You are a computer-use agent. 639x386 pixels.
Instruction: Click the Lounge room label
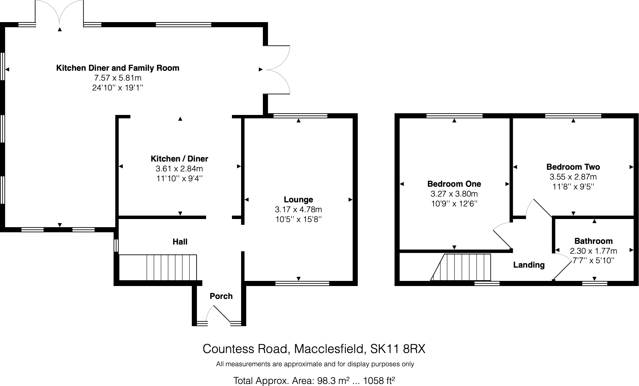[298, 200]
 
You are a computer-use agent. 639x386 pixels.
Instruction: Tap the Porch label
[221, 296]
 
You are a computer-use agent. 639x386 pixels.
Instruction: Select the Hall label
[180, 242]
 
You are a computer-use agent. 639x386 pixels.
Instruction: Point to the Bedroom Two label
[573, 167]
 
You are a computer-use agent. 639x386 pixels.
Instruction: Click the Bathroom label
[593, 241]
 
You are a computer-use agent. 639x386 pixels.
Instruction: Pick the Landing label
[529, 265]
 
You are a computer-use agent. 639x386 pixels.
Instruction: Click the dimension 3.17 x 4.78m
[298, 209]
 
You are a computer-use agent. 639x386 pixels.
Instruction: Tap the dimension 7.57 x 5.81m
[118, 78]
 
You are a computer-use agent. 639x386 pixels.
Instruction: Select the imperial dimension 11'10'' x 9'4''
[180, 179]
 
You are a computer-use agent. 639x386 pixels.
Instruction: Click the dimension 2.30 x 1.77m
[593, 251]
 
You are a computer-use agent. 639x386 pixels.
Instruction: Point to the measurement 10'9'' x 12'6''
[454, 204]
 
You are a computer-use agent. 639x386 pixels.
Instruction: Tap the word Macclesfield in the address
[329, 349]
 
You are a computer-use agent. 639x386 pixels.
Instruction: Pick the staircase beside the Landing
[461, 267]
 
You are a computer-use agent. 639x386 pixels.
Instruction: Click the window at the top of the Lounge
[300, 116]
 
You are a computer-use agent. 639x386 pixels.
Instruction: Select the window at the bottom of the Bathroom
[595, 283]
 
